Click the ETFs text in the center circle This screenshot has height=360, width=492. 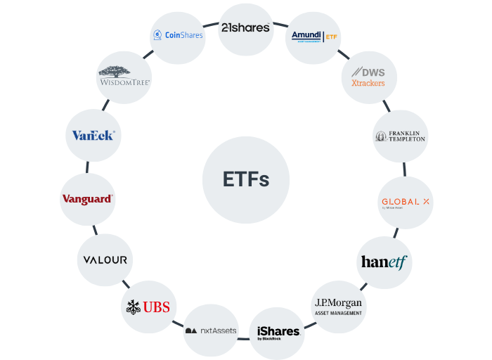245,180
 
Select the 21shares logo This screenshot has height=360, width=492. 245,28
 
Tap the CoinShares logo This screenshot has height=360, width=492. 179,34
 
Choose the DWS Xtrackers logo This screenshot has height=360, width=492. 368,77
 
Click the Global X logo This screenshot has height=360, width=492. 406,202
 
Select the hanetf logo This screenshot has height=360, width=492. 384,262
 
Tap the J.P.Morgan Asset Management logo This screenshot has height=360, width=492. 338,307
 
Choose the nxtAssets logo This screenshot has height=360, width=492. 211,330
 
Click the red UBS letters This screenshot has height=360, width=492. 156,307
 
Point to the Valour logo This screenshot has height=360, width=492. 105,259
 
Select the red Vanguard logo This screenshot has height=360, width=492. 87,199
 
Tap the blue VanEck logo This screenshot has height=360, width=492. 93,135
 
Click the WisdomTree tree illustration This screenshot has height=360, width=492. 124,70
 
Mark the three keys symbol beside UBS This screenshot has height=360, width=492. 134,307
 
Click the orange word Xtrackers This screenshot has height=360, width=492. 368,83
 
